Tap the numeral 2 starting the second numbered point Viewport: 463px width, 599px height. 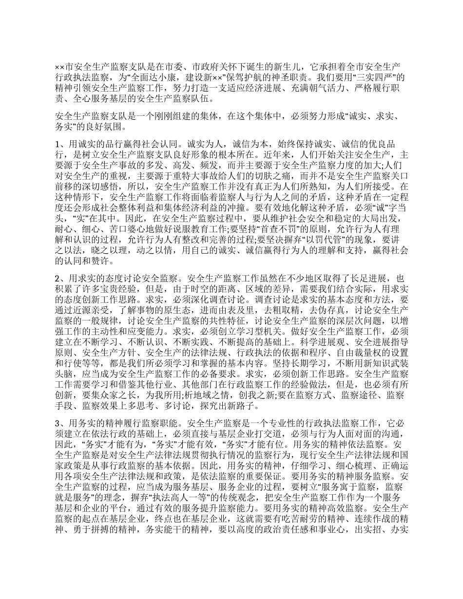[57, 279]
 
